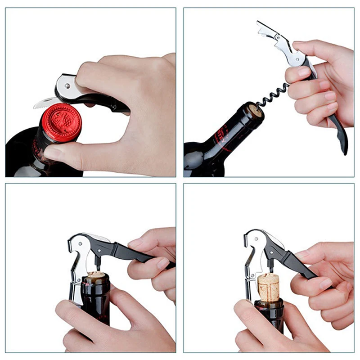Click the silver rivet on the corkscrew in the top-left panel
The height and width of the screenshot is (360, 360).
67,84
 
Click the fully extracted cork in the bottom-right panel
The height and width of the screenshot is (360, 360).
269,287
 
